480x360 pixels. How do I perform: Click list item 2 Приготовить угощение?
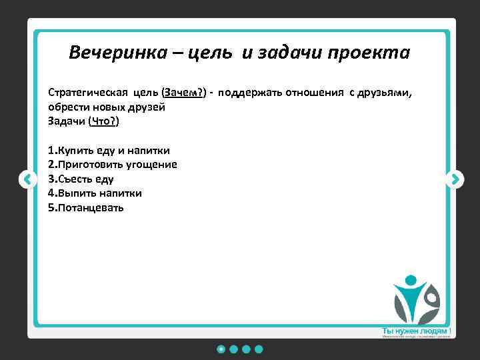(x=112, y=164)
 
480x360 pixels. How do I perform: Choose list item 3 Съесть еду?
(x=81, y=179)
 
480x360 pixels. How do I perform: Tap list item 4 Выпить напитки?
(x=95, y=193)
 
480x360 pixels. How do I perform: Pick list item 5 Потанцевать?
(x=86, y=208)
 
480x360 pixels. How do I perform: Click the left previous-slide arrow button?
(x=27, y=179)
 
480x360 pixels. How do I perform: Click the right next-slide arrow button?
(x=455, y=179)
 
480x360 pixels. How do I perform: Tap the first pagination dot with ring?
(x=221, y=349)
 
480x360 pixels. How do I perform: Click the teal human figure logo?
(x=415, y=299)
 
